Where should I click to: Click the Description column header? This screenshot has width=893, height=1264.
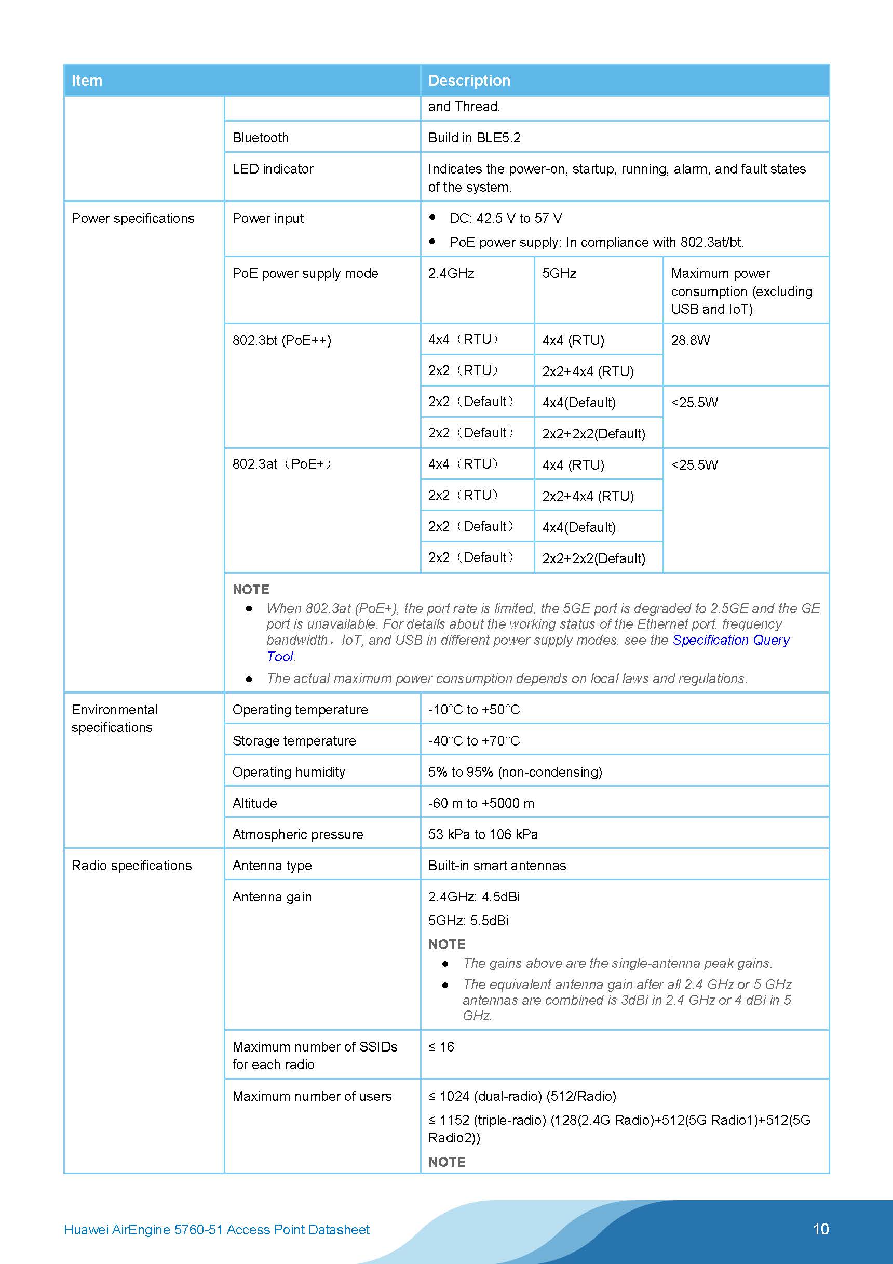[x=469, y=81]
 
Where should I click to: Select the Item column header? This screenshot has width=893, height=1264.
[x=87, y=81]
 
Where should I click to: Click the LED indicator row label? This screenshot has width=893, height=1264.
[x=273, y=169]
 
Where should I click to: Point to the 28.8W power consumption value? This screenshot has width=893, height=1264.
[x=690, y=340]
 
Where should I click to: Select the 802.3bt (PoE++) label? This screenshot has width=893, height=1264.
[x=281, y=340]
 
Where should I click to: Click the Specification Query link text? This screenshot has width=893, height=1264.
[x=730, y=640]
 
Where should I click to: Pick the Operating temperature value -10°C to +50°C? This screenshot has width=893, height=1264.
[x=473, y=710]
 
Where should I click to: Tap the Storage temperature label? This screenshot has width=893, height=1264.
[x=294, y=741]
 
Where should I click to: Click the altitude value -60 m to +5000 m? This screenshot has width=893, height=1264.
[x=481, y=803]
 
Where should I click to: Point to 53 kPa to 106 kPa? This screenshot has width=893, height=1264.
[x=482, y=834]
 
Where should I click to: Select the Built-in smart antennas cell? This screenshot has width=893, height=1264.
[x=496, y=866]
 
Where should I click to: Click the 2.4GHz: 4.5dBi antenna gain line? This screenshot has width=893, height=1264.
[x=473, y=897]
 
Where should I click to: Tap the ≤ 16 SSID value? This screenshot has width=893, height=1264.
[x=441, y=1046]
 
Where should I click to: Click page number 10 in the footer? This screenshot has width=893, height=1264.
[x=820, y=1229]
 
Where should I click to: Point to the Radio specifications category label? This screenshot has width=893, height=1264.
[x=131, y=866]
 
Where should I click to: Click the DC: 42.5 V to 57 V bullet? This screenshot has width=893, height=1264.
[x=505, y=219]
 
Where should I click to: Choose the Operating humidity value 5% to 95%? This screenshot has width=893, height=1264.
[x=515, y=772]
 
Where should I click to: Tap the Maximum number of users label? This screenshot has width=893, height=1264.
[x=312, y=1096]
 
